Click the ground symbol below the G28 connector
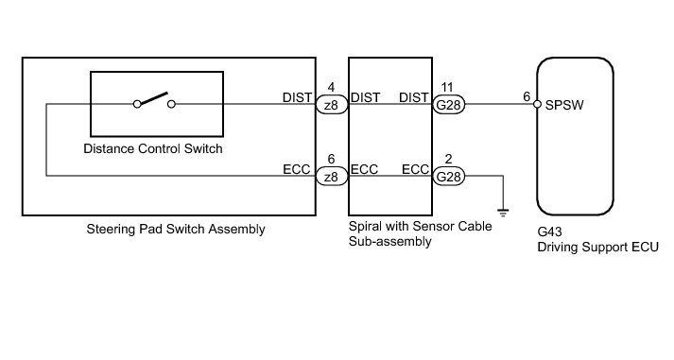coord(503,213)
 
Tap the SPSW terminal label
coord(564,105)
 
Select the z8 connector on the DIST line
coord(332,104)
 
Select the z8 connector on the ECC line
coord(332,176)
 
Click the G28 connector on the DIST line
coord(448,104)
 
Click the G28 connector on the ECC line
coord(448,176)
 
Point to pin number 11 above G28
coord(447,87)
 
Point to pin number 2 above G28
coord(448,159)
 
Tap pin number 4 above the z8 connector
coord(331,87)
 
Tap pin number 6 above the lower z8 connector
coord(331,159)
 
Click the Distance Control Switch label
coord(153,148)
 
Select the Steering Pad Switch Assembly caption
coord(176,229)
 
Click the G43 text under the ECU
coord(549,232)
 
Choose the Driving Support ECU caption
coord(598,247)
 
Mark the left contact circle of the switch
coord(137,104)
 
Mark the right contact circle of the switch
coord(171,104)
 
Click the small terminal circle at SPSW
coord(537,104)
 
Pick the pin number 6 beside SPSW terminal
coord(527,97)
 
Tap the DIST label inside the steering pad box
coord(297,97)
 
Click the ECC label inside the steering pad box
coord(296,169)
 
